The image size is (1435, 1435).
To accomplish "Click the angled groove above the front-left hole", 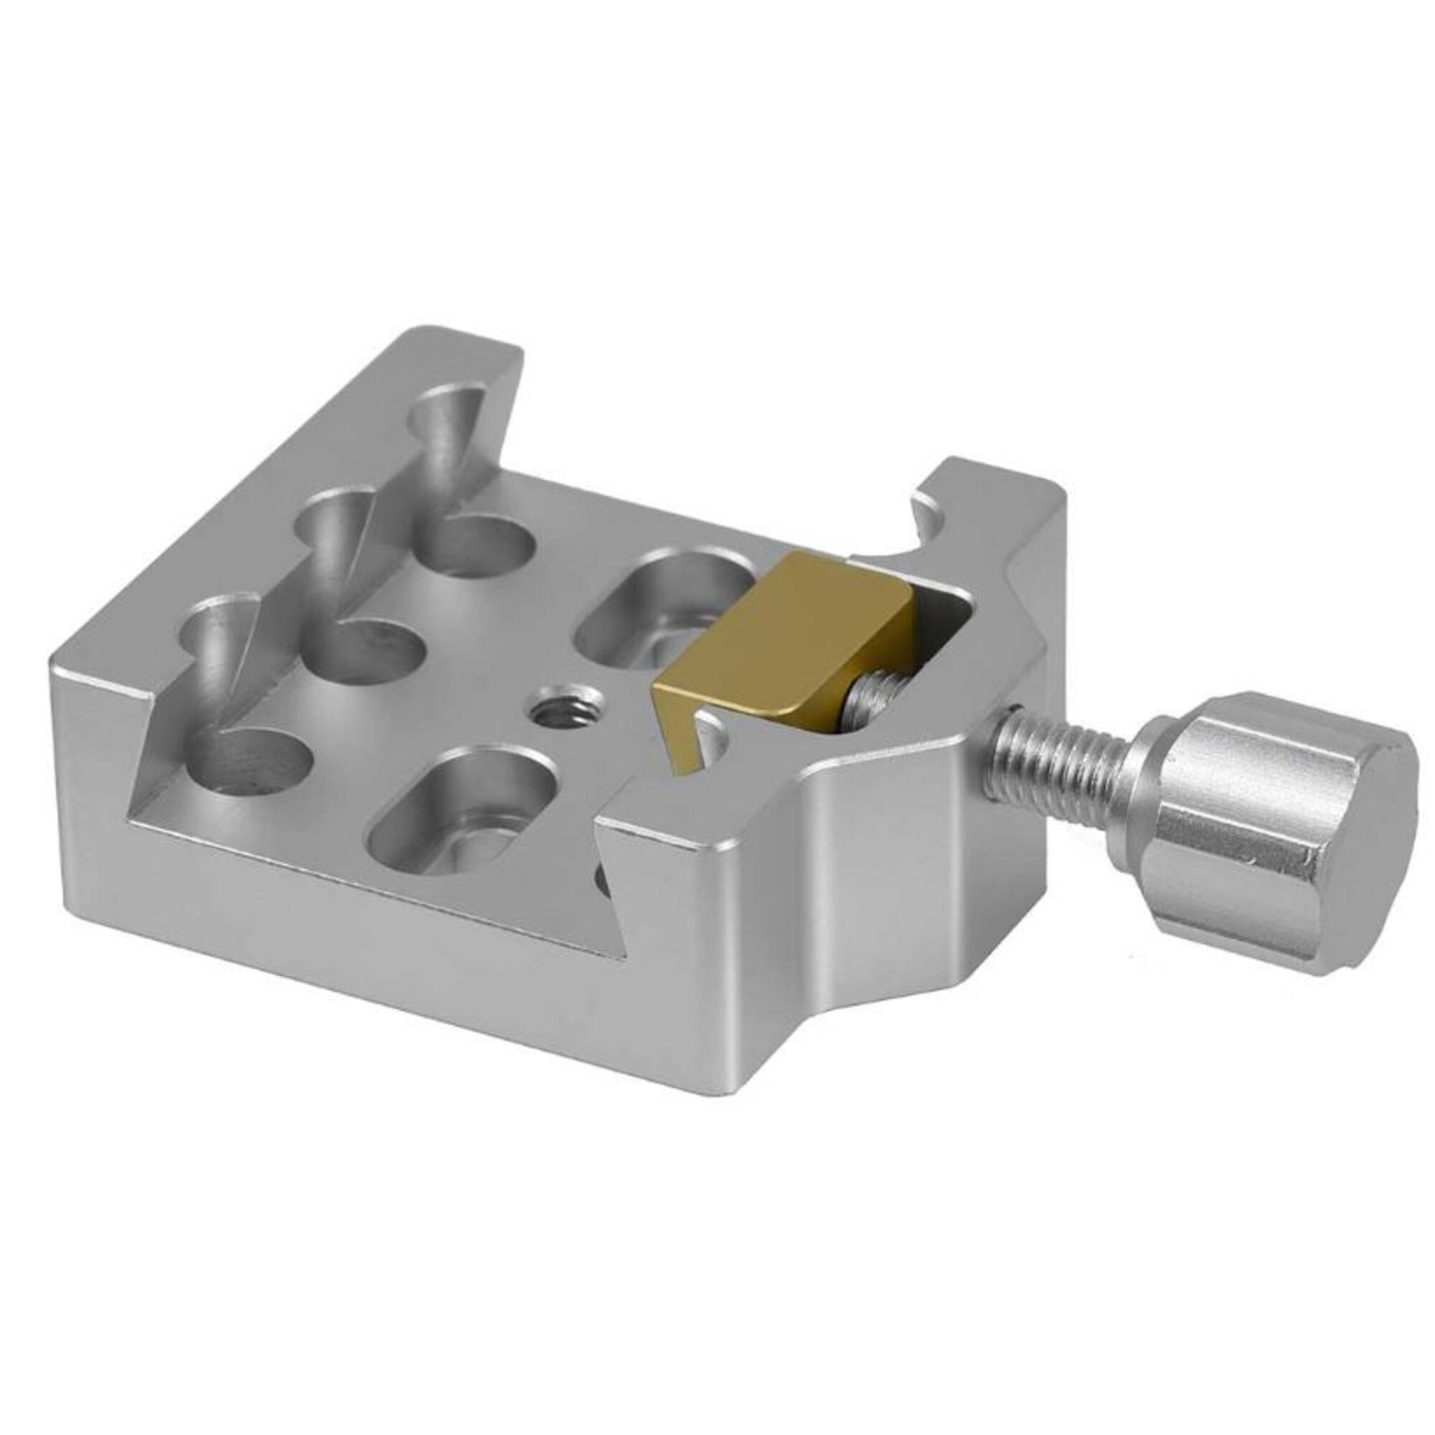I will (215, 654).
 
